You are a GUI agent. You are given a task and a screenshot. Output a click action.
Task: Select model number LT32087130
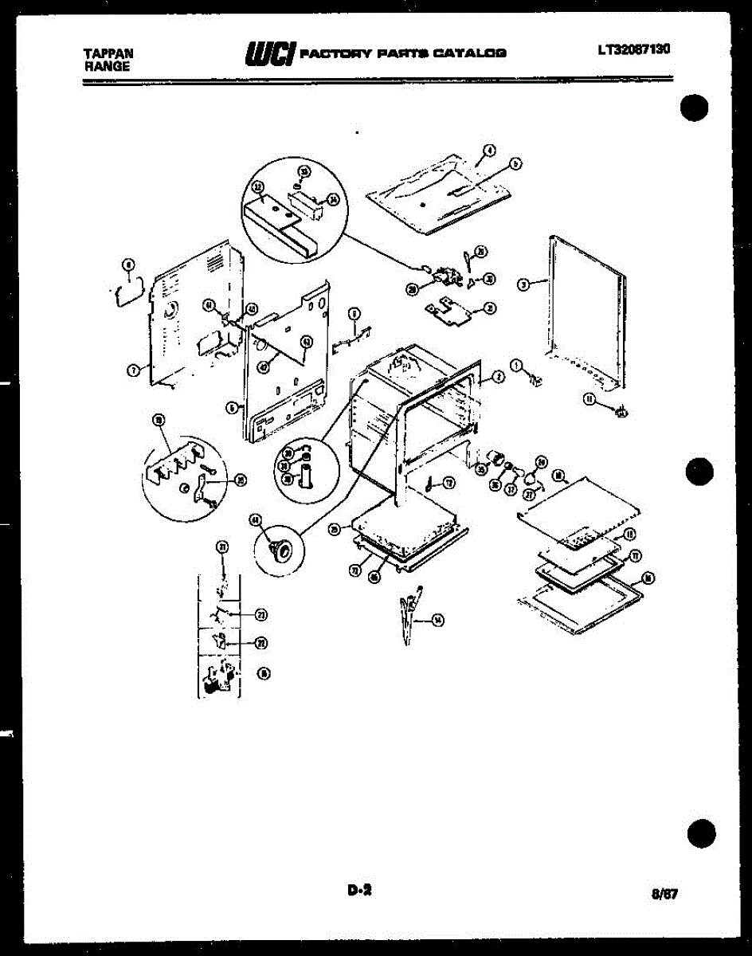point(634,49)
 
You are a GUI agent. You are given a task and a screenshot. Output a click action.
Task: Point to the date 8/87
point(664,895)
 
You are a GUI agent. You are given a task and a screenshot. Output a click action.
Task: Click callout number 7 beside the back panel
point(132,369)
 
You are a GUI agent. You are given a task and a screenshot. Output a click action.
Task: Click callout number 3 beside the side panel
point(523,285)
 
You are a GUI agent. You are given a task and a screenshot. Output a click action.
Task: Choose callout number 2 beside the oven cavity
point(498,376)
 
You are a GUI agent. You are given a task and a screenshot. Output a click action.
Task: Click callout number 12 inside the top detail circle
point(258,188)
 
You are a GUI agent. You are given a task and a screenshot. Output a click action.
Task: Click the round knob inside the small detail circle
point(279,549)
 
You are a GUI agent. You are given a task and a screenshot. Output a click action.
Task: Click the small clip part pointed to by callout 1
point(538,383)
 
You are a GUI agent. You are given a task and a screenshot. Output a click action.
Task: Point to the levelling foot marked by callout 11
point(623,411)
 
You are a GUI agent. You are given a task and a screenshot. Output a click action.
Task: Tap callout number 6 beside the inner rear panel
point(231,406)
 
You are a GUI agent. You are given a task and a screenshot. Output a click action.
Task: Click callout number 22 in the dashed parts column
point(260,644)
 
